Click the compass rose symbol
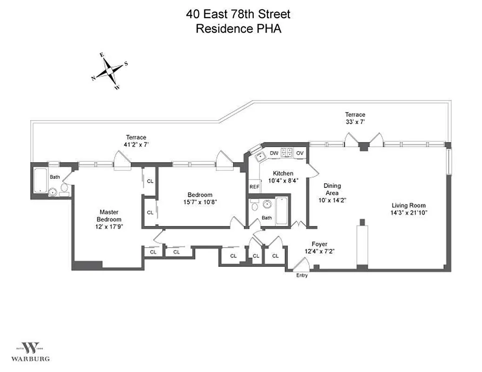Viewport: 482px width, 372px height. [109, 71]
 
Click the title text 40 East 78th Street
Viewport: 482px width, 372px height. [239, 14]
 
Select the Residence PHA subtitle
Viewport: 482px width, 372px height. [239, 28]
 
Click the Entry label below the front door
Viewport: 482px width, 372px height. [302, 276]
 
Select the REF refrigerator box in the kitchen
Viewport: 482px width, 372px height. [254, 186]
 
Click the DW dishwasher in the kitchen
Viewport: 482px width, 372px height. [274, 153]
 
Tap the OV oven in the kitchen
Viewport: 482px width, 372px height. [300, 153]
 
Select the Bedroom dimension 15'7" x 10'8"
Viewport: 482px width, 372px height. [200, 202]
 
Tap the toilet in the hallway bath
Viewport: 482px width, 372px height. [254, 205]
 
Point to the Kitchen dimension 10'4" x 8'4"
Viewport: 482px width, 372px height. [283, 180]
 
